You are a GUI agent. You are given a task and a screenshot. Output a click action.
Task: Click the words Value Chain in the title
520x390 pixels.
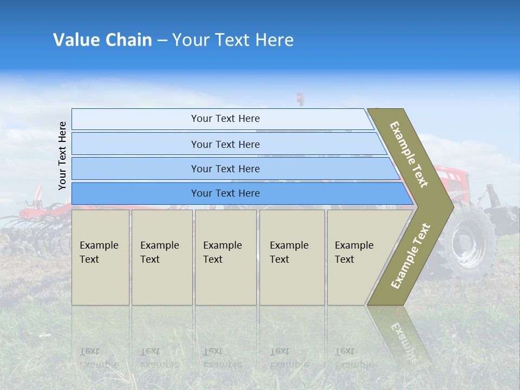tap(102, 40)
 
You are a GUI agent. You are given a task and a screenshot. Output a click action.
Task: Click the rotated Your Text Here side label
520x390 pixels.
tap(62, 155)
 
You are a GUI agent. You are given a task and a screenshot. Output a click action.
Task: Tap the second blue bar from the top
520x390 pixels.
tap(225, 144)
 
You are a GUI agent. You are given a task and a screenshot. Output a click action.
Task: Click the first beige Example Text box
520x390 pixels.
tap(100, 257)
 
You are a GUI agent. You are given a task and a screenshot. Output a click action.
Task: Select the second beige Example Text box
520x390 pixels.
tap(162, 257)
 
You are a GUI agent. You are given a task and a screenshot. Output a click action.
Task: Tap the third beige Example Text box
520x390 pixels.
tap(225, 257)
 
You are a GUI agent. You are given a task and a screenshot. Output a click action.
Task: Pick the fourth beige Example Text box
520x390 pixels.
tap(292, 257)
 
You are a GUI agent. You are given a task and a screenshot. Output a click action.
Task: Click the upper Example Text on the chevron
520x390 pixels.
tap(409, 154)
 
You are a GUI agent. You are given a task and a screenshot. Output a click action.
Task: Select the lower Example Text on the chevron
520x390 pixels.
tap(410, 256)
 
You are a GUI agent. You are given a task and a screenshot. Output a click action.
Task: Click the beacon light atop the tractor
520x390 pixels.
tap(299, 98)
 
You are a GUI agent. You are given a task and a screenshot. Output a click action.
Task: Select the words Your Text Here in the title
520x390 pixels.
tap(233, 40)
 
